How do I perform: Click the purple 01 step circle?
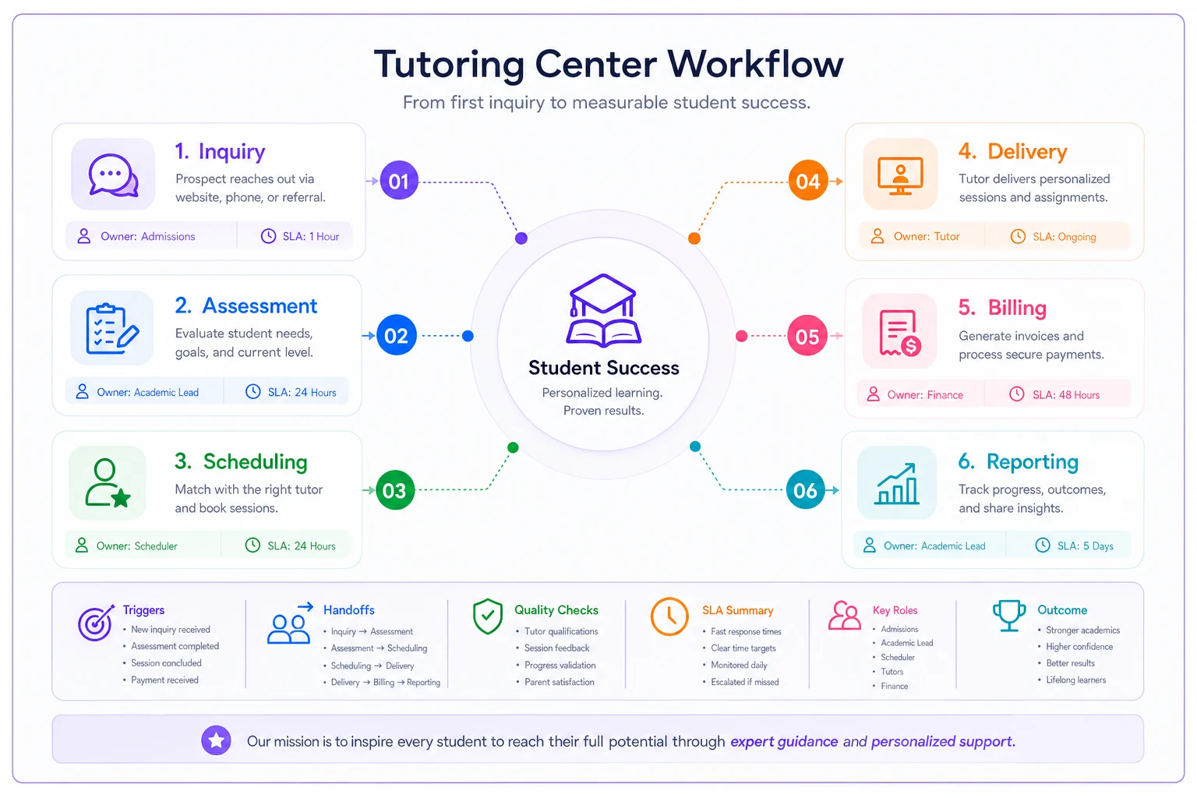(x=399, y=181)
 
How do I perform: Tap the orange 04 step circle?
(x=807, y=181)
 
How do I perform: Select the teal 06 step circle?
(x=805, y=489)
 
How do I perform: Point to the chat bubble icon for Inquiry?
(x=113, y=175)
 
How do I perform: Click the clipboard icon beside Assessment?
(x=112, y=329)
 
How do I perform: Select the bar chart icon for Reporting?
(x=897, y=484)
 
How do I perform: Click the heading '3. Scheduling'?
(x=241, y=461)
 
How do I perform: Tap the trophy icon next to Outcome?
(x=1009, y=616)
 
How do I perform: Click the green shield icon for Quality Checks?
(x=487, y=616)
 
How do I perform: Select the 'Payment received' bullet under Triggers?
(x=164, y=680)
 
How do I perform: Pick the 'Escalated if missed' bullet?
(x=744, y=682)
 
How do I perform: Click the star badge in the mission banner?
(x=216, y=740)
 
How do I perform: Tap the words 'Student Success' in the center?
(x=604, y=368)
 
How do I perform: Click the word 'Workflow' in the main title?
(x=755, y=64)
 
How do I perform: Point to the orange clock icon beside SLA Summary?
(x=669, y=616)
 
